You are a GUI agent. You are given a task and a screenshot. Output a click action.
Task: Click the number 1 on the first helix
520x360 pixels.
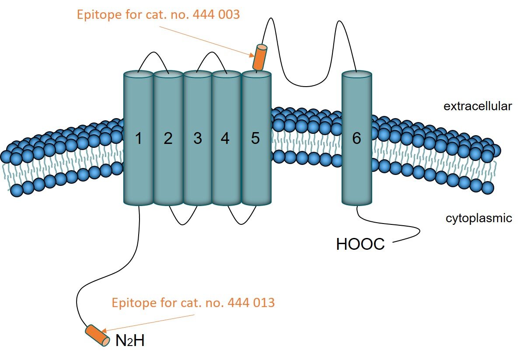[x=138, y=139]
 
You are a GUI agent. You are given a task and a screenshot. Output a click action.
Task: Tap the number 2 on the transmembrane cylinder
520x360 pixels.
[x=168, y=139]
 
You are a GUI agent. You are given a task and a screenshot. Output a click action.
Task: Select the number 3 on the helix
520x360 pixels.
[x=197, y=139]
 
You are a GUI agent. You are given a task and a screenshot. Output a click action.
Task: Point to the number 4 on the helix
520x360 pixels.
[x=225, y=139]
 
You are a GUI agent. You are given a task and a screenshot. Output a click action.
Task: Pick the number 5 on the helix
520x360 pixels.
[x=256, y=139]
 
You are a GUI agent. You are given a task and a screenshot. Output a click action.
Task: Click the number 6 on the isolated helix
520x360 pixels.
[x=356, y=139]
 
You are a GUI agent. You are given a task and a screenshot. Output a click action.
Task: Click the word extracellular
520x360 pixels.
[x=477, y=106]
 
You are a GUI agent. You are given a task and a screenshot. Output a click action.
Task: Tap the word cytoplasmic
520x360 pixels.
[x=478, y=218]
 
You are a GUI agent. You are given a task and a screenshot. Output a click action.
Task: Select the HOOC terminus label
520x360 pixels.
[x=360, y=244]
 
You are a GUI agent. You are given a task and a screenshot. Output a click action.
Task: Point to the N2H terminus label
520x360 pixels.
[x=130, y=341]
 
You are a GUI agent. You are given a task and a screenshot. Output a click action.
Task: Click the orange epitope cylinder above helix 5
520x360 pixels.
[x=260, y=57]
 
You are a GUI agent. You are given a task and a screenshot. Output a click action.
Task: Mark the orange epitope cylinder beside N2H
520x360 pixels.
[x=98, y=335]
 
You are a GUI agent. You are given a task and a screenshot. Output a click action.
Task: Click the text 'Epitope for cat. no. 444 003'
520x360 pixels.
[x=158, y=15]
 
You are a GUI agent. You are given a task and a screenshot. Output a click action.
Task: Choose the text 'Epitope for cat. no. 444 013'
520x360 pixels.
[x=193, y=303]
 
